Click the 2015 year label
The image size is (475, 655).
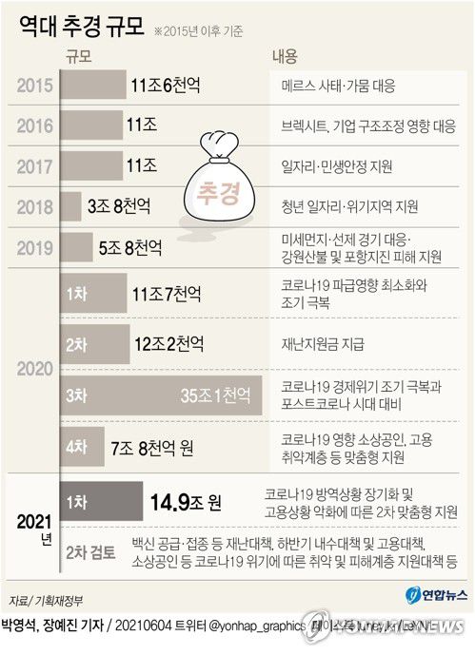34,86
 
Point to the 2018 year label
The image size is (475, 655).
34,205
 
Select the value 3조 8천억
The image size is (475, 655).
118,205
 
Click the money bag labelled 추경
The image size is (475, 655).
218,184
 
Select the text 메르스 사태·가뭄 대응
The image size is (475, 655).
339,87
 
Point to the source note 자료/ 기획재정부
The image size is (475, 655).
44,599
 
